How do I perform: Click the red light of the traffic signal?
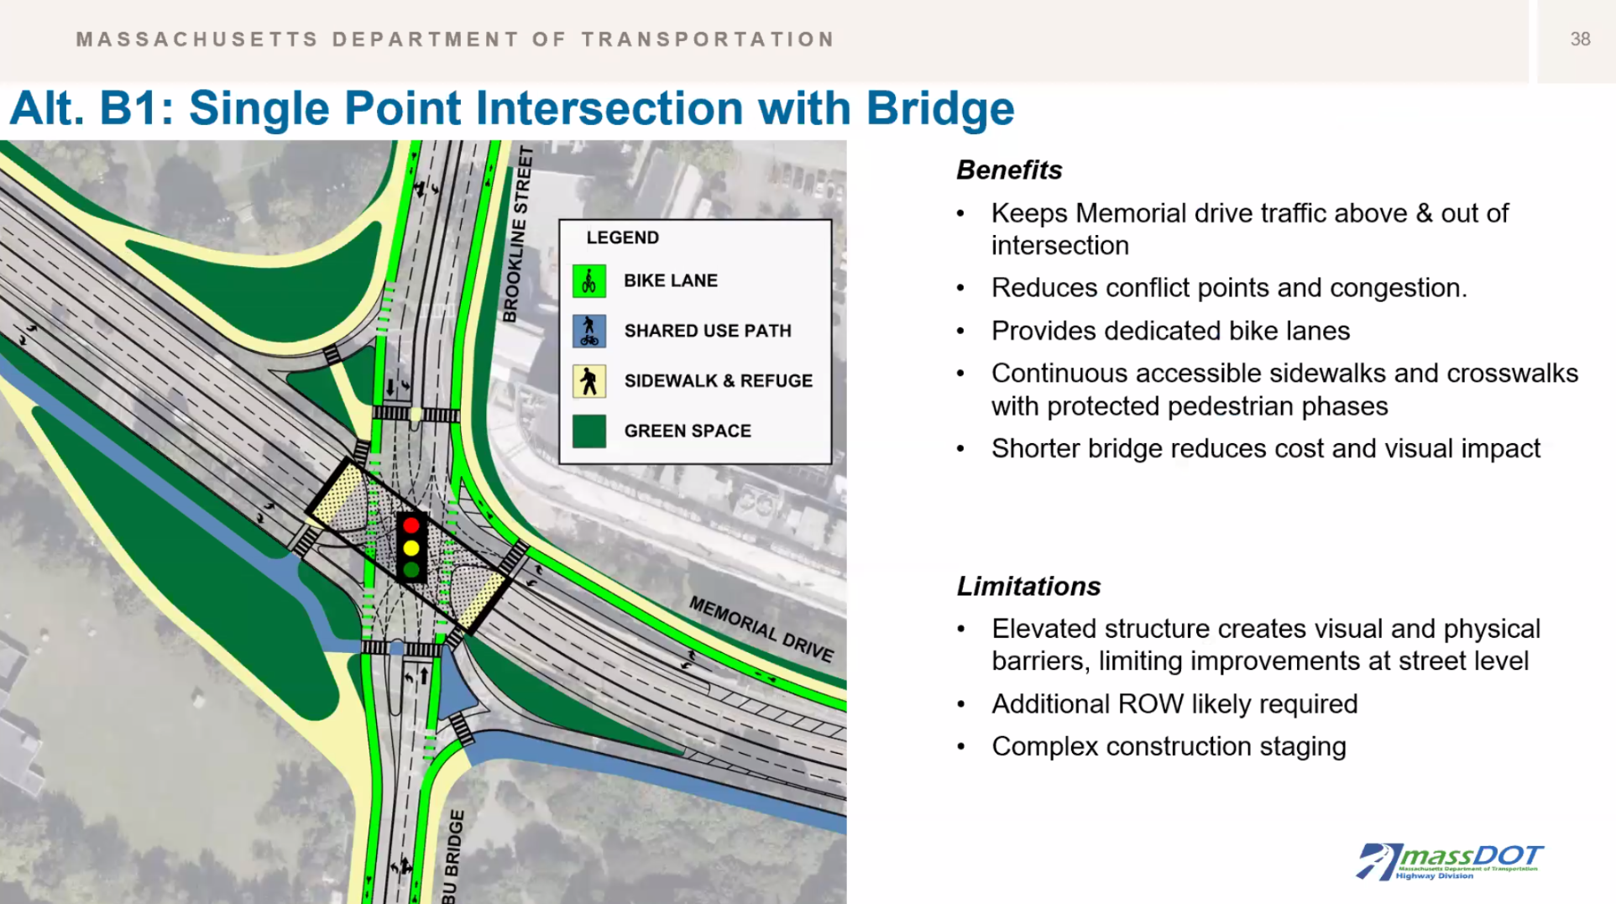click(x=411, y=525)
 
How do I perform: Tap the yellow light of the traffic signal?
click(x=411, y=548)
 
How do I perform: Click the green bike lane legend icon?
click(x=589, y=281)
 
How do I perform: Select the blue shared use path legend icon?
click(x=589, y=331)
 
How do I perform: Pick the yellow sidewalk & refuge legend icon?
click(x=589, y=381)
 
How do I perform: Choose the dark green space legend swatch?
click(x=589, y=431)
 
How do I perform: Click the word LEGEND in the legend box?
click(x=623, y=238)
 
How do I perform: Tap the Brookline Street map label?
click(x=517, y=234)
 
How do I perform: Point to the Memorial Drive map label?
click(x=761, y=630)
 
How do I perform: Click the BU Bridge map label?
click(x=452, y=856)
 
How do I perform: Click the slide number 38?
click(x=1580, y=39)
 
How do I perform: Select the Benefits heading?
click(x=1009, y=170)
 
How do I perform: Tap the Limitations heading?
click(x=1028, y=586)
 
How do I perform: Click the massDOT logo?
click(x=1450, y=861)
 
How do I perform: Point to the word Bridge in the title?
click(x=940, y=109)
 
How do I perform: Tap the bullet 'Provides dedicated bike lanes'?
click(x=1170, y=331)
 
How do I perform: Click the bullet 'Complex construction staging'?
click(x=1169, y=746)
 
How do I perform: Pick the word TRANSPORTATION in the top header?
click(x=708, y=39)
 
